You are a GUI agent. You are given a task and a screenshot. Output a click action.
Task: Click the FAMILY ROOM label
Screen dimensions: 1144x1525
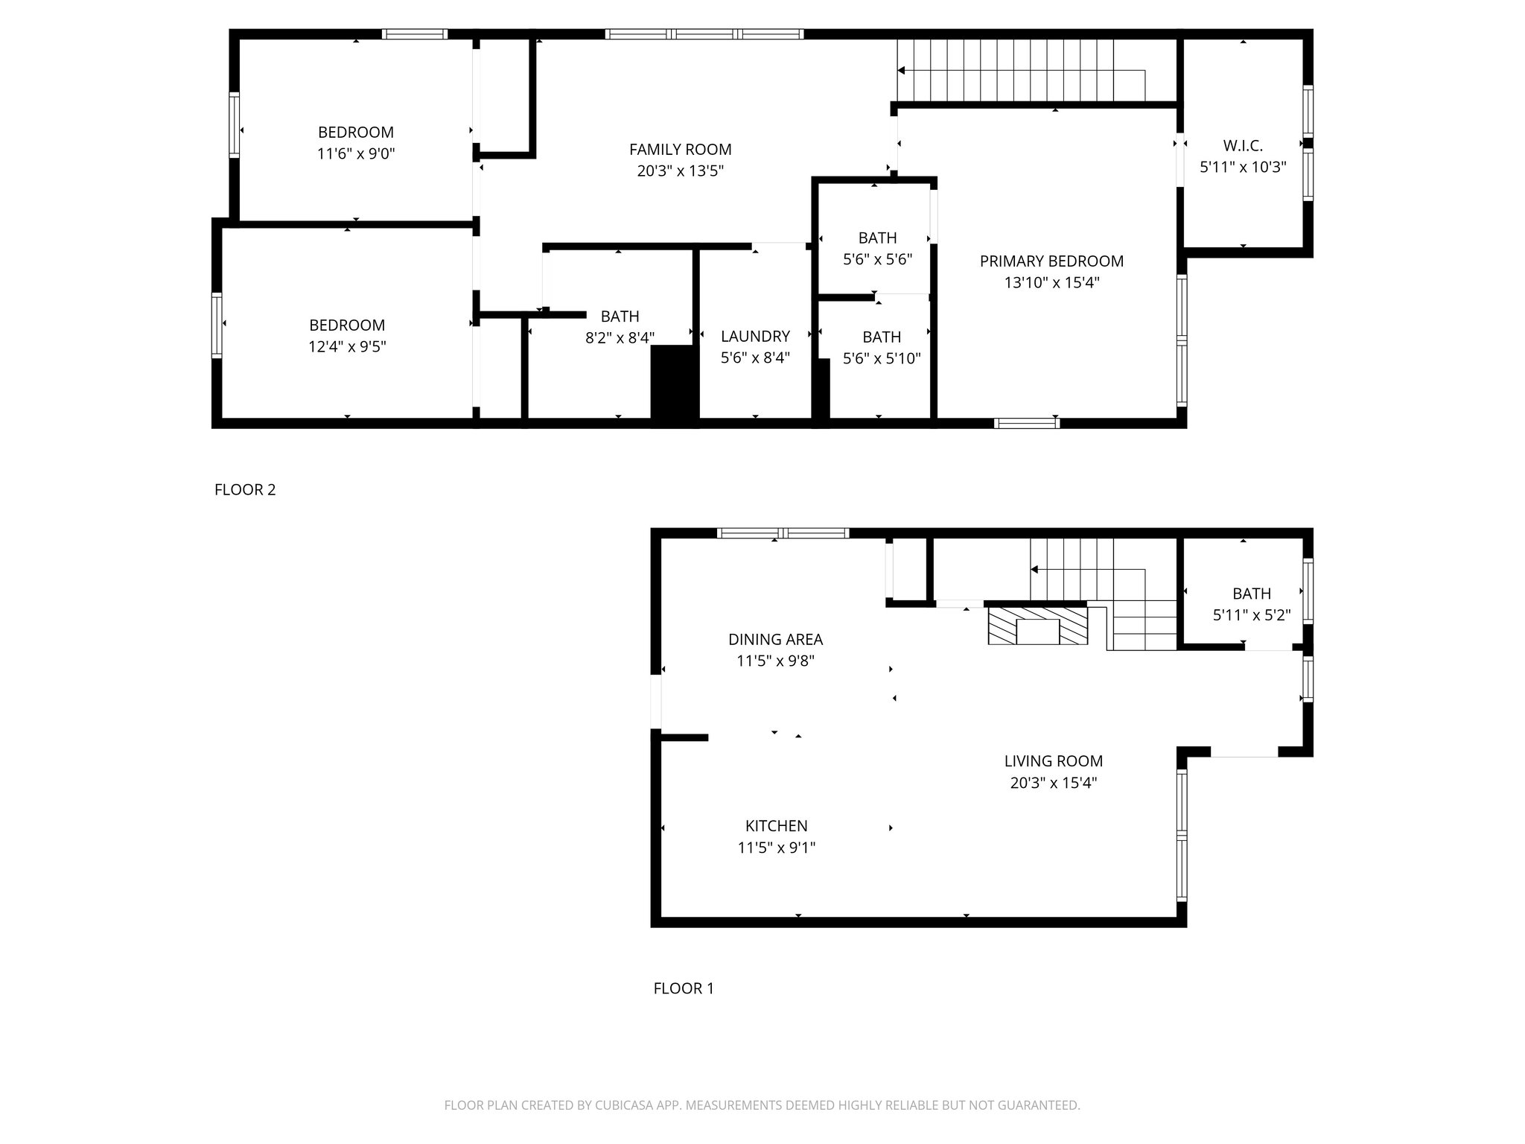pyautogui.click(x=680, y=150)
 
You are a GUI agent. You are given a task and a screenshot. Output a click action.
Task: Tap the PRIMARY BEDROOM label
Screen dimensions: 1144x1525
pyautogui.click(x=1051, y=261)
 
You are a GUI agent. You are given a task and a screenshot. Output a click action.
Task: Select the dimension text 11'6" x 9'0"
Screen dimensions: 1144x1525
pyautogui.click(x=355, y=154)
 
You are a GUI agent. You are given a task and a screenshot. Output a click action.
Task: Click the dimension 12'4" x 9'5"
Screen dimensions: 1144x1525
pyautogui.click(x=347, y=347)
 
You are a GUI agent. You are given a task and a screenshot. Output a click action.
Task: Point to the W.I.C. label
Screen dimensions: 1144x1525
pyautogui.click(x=1242, y=146)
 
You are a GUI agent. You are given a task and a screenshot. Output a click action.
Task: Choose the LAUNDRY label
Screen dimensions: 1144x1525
pyautogui.click(x=754, y=337)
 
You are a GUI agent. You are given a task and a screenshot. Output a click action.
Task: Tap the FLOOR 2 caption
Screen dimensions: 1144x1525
pyautogui.click(x=245, y=490)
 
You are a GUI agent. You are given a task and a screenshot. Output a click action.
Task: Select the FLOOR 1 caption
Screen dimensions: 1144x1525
pyautogui.click(x=683, y=988)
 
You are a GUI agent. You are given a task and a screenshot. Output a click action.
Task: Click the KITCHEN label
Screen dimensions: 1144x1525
pyautogui.click(x=776, y=826)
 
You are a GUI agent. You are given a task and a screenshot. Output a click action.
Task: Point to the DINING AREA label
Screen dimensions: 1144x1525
pyautogui.click(x=775, y=640)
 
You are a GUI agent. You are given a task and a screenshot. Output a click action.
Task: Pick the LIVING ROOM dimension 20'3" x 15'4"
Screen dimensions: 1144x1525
pyautogui.click(x=1053, y=783)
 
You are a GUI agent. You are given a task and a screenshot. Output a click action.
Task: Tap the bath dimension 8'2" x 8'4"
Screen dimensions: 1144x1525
pyautogui.click(x=620, y=338)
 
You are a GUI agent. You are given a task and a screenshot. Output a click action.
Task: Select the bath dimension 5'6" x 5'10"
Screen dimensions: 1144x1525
pyautogui.click(x=881, y=359)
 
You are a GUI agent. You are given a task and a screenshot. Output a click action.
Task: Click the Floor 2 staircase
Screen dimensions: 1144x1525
pyautogui.click(x=1020, y=70)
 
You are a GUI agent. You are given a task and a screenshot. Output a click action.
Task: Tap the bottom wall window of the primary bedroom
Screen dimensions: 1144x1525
pyautogui.click(x=1026, y=423)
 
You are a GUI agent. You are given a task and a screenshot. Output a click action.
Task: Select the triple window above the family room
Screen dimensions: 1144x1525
pyautogui.click(x=704, y=34)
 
